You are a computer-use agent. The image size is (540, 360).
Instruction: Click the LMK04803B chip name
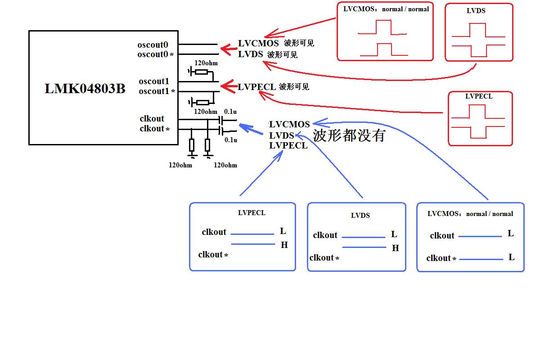coord(85,89)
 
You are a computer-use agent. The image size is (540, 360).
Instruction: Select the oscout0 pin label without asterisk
coord(153,45)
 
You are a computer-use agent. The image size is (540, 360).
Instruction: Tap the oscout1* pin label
coord(157,91)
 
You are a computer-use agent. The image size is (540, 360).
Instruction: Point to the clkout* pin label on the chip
coord(154,129)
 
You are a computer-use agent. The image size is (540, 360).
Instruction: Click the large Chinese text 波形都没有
coord(349,135)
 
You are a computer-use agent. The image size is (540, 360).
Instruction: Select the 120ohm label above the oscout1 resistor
coord(206,63)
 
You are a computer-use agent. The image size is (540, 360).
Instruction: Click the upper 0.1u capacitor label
coord(230,112)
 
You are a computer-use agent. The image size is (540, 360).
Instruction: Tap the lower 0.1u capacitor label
coord(231,140)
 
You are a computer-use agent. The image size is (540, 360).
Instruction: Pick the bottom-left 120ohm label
coord(180,165)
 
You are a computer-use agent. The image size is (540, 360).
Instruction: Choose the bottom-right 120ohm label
coord(225,165)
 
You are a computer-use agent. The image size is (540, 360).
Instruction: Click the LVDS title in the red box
coord(476,11)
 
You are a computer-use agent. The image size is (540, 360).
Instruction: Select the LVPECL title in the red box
coord(479,96)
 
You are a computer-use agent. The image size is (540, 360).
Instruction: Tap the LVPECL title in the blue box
coord(252,213)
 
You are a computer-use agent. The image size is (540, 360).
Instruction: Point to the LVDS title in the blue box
coord(360,215)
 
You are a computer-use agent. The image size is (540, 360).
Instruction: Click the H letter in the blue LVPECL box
coord(284,245)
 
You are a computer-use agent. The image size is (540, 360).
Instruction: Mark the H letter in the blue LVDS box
coord(396,248)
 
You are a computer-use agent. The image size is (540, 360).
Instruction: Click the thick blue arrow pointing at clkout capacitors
coord(251,129)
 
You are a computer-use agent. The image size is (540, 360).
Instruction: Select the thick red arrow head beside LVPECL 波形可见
coord(229,86)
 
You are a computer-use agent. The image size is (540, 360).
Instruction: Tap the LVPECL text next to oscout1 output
coord(257,87)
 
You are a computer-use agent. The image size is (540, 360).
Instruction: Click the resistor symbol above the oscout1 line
coord(201,72)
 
